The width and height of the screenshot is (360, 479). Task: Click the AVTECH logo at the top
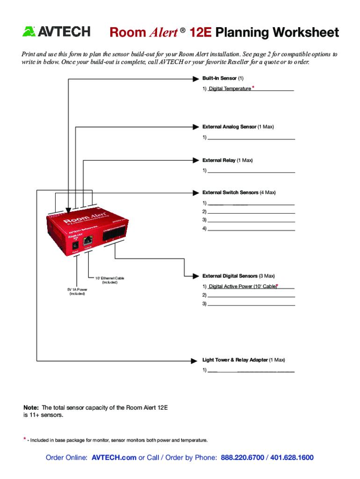(x=56, y=32)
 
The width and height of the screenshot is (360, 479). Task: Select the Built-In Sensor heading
(x=219, y=78)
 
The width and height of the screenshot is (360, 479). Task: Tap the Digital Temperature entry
(x=230, y=89)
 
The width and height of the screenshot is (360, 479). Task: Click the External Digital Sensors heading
(x=232, y=276)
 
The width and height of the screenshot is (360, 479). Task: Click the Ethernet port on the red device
(x=88, y=241)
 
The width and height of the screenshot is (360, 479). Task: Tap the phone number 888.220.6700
(x=242, y=457)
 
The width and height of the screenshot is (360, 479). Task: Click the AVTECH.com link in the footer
(x=114, y=457)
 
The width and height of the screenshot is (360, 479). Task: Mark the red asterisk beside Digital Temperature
(x=253, y=87)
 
